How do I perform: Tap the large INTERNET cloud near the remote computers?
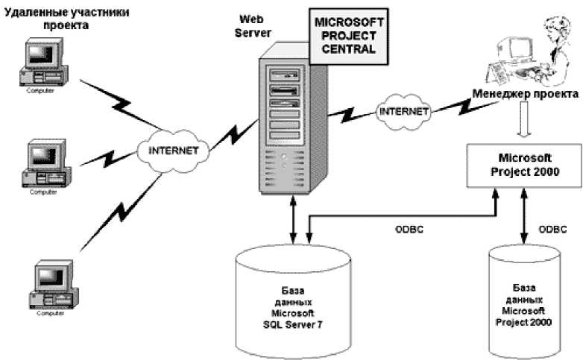(x=174, y=149)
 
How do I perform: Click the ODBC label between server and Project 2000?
(x=410, y=230)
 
